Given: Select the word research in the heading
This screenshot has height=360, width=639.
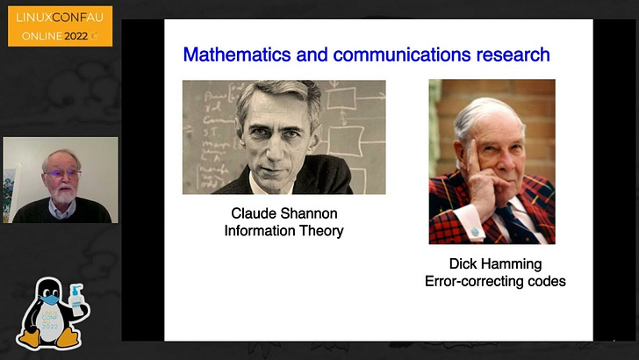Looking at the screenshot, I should click(509, 54).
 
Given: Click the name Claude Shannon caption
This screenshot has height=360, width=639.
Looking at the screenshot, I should click(284, 213).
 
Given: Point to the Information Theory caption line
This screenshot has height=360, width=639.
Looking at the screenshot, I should click(284, 231).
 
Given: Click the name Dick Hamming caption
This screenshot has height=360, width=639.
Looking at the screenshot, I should click(495, 263).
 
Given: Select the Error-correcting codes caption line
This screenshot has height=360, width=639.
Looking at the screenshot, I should click(495, 281).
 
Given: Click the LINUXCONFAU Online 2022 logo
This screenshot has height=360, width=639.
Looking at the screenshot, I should click(60, 26).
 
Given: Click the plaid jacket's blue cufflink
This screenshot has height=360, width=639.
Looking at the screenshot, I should click(475, 232).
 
